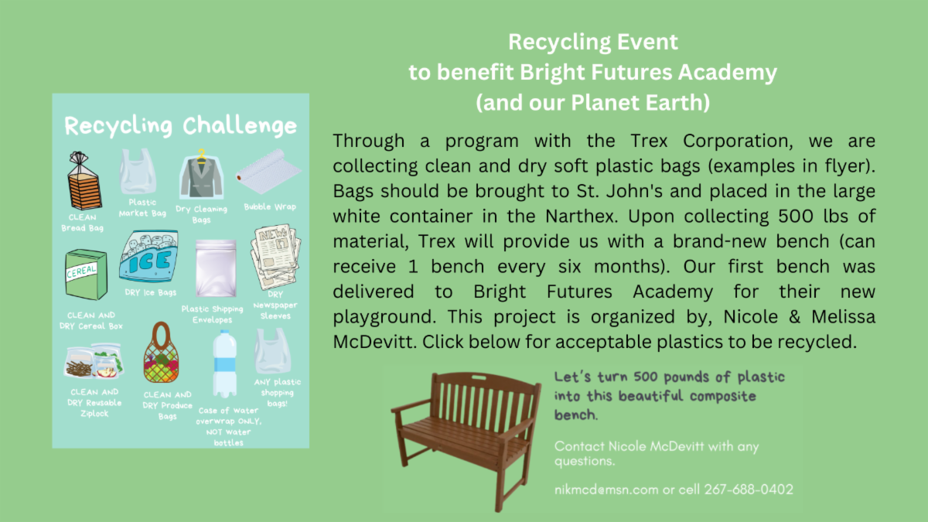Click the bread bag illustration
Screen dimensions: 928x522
[84, 181]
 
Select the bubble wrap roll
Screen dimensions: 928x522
[268, 171]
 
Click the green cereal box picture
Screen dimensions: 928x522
[86, 275]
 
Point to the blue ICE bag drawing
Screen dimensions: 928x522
[148, 257]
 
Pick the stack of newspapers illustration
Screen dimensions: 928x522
[275, 257]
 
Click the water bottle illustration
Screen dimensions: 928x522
[224, 363]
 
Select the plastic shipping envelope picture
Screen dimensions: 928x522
[216, 268]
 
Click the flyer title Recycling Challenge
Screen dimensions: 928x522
[181, 125]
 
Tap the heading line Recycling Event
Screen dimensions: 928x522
[593, 43]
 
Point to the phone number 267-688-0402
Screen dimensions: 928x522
[749, 490]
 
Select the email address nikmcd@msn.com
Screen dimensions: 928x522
[606, 490]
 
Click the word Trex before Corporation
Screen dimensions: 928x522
[649, 141]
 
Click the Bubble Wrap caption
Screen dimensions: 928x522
[270, 206]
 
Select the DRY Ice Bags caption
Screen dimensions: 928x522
[150, 292]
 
